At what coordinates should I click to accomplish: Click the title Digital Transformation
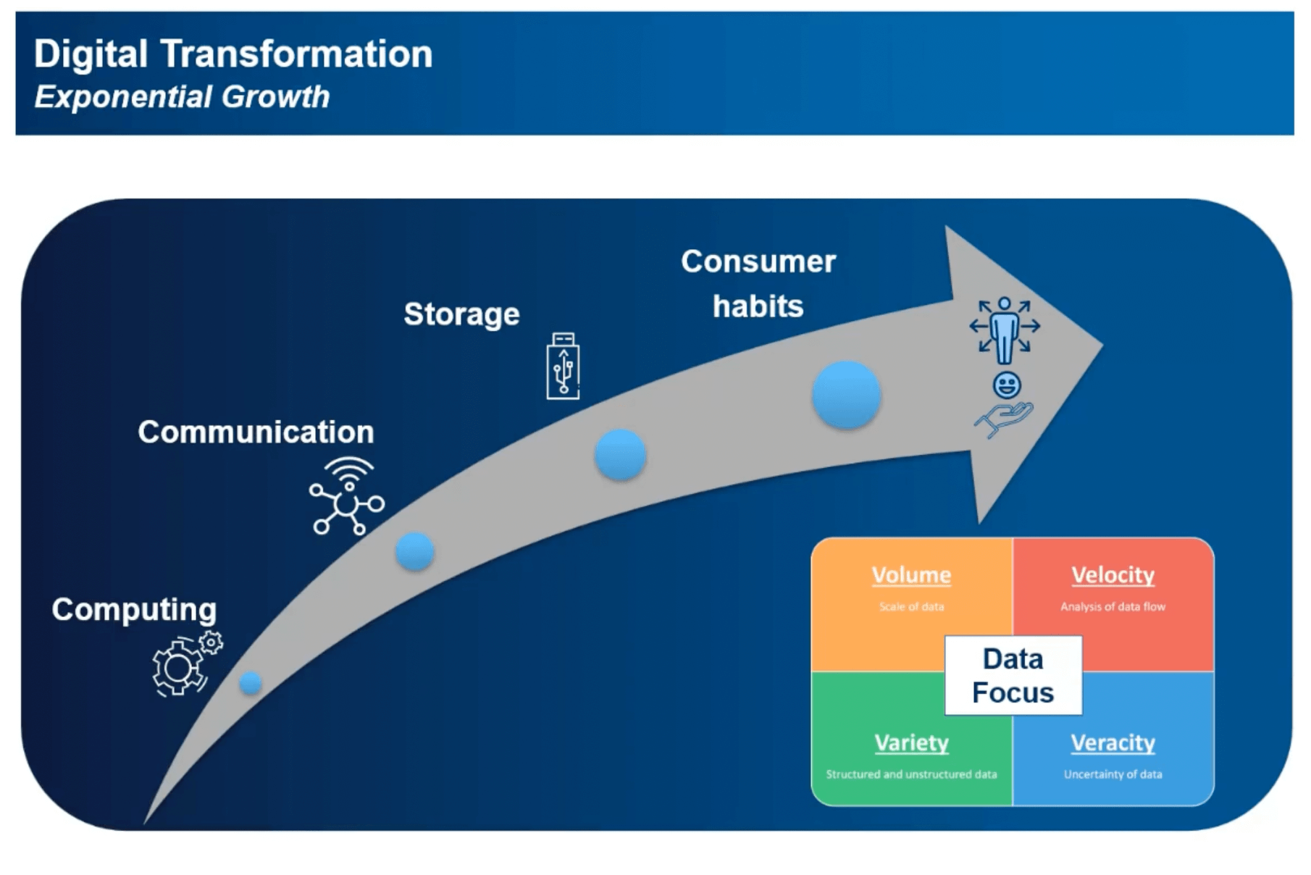[233, 54]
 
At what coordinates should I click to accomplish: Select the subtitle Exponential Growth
[182, 97]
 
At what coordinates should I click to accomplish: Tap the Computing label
[134, 609]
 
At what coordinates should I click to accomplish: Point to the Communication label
[256, 432]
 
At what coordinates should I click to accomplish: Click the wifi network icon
[347, 496]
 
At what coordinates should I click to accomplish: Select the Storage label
[461, 314]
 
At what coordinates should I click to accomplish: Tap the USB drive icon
[563, 367]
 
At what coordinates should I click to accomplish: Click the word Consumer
[758, 261]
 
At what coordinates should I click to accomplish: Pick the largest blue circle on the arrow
[846, 395]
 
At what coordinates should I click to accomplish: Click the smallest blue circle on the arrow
[250, 682]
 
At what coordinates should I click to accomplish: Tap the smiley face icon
[1007, 385]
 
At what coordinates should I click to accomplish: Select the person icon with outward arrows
[1005, 328]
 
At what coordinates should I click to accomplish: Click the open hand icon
[1003, 419]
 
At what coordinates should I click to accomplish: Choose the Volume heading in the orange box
[911, 575]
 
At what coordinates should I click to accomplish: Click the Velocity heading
[1113, 575]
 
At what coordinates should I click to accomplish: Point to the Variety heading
[911, 743]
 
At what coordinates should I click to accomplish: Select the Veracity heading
[1113, 743]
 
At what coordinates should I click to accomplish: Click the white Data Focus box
[1013, 676]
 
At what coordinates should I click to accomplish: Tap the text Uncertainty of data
[1113, 774]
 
